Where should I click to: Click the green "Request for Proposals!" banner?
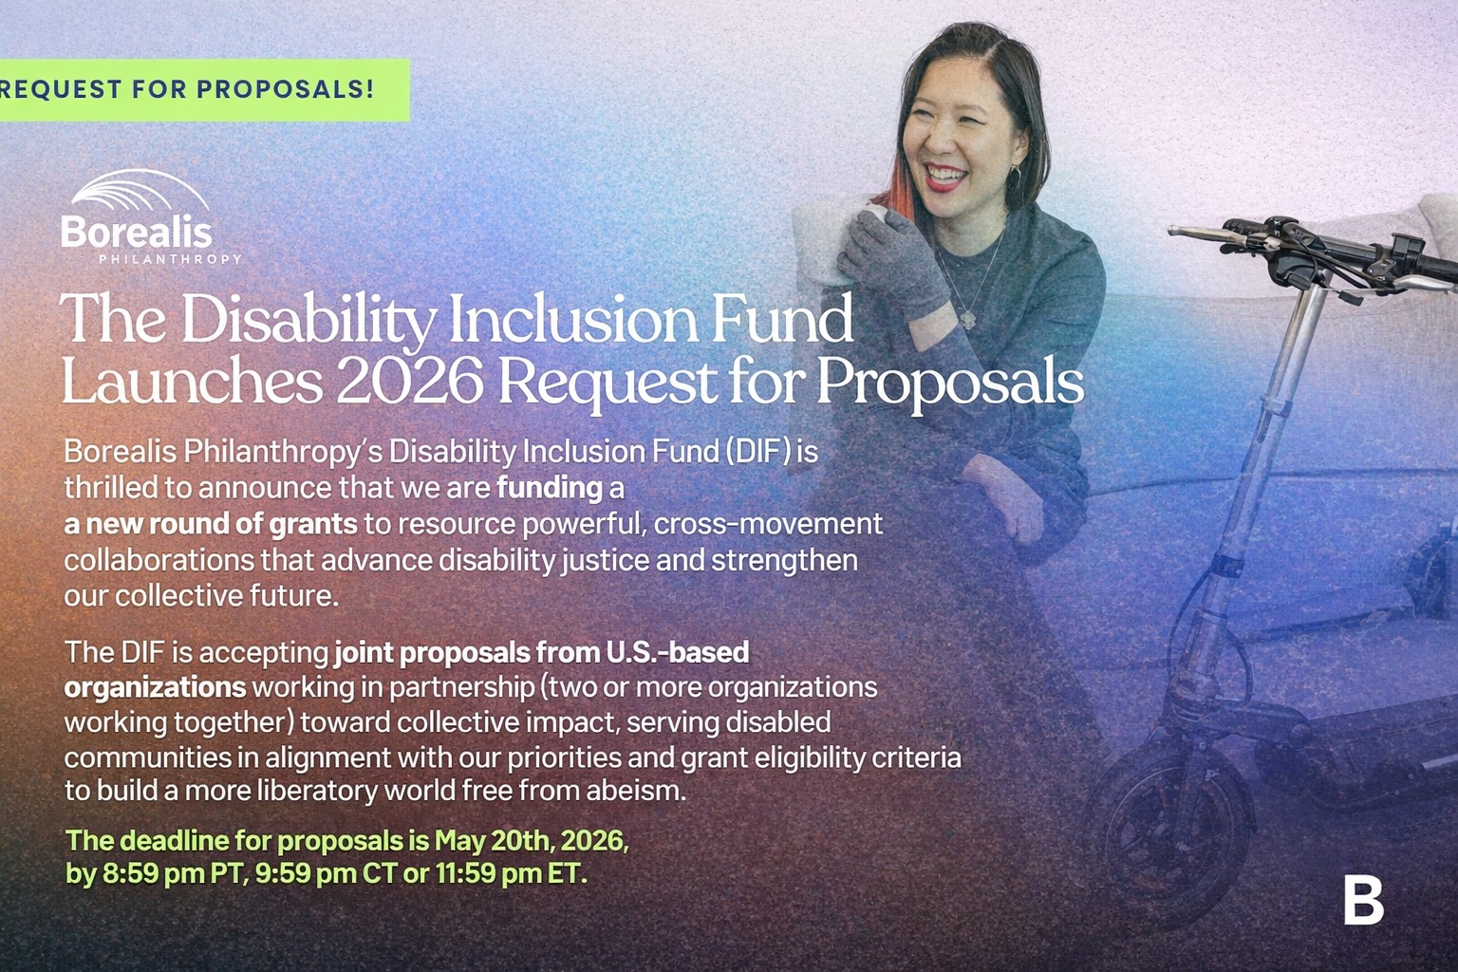click(204, 90)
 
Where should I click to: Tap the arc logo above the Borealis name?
click(140, 192)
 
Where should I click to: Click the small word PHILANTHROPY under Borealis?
click(170, 259)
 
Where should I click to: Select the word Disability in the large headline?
click(308, 319)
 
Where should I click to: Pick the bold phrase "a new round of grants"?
click(210, 524)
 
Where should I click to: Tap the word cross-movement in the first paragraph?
click(768, 524)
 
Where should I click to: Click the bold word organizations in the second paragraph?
click(155, 687)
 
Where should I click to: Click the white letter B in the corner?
click(1364, 901)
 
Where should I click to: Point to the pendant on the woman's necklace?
click(966, 318)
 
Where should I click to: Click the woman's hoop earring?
click(1015, 175)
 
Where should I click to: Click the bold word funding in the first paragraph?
click(550, 488)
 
